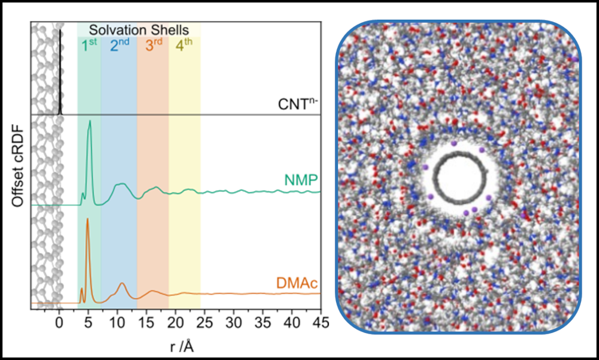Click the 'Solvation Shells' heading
pos(139,29)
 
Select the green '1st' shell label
pos(89,46)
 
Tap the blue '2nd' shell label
pos(119,46)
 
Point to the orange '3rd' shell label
pos(153,46)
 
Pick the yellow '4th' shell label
pos(184,46)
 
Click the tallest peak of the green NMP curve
pos(90,122)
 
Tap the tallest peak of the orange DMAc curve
pos(87,219)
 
